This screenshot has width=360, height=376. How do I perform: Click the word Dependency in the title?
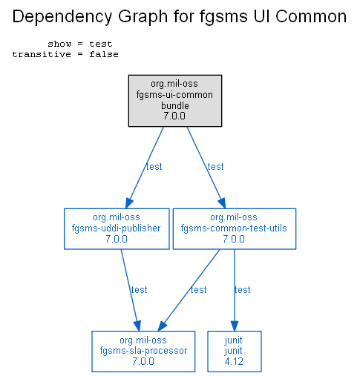click(62, 17)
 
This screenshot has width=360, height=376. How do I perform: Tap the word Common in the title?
click(311, 16)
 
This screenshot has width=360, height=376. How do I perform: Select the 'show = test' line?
click(80, 44)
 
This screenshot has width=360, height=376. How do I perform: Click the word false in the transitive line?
click(104, 54)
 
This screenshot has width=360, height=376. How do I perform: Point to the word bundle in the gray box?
click(175, 106)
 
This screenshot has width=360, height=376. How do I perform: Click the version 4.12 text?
click(234, 362)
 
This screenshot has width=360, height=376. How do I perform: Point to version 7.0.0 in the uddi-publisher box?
click(117, 239)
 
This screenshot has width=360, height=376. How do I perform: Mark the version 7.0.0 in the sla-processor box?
click(143, 362)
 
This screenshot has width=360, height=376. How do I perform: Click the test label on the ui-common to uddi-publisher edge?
click(154, 167)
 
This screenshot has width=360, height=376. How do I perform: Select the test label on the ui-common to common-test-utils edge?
click(215, 167)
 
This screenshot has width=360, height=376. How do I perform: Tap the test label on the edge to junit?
click(242, 290)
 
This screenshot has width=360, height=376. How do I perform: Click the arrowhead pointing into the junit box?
click(235, 326)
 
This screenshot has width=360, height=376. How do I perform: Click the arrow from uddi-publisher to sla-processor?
click(131, 290)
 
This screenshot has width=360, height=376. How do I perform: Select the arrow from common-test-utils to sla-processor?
click(189, 290)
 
